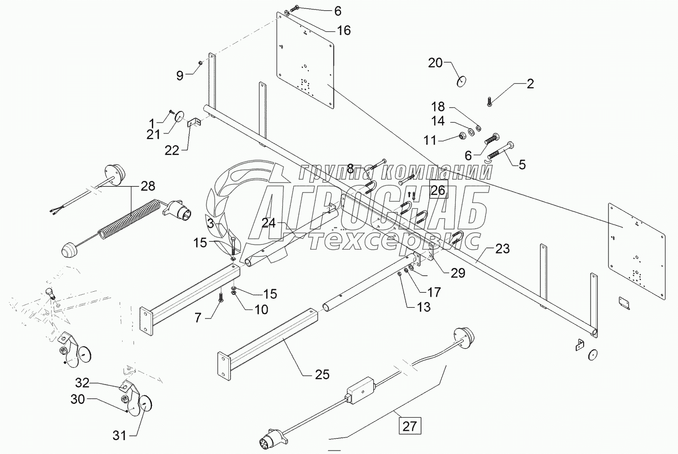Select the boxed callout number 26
pos(438,190)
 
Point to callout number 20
pos(435,63)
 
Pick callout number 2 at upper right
pos(530,83)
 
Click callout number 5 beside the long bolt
pos(522,164)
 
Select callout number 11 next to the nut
pos(430,140)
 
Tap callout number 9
pos(180,75)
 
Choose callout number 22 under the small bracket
pos(172,150)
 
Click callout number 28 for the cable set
pos(147,186)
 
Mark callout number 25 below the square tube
pos(322,374)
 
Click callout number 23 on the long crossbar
pos(502,248)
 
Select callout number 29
pos(458,272)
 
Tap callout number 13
pos(424,307)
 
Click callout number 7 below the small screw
pos(198,318)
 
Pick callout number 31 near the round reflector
pos(119,436)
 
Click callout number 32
pos(82,383)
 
